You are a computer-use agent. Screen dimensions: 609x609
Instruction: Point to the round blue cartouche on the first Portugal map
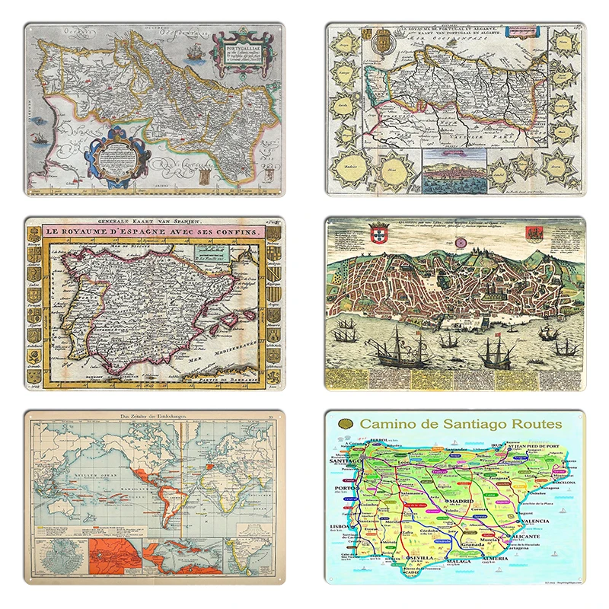pyautogui.click(x=116, y=159)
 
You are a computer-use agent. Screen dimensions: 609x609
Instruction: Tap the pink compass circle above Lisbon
pyautogui.click(x=461, y=241)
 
